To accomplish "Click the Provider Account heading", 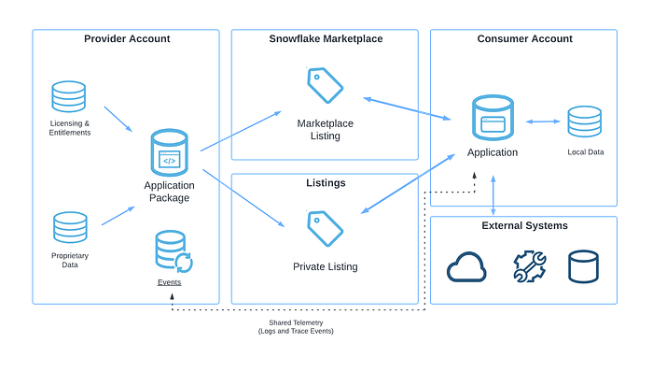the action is pos(127,39).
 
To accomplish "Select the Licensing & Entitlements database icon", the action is pos(69,96).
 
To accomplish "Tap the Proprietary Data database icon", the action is pos(70,227).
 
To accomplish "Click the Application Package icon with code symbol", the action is pos(169,152).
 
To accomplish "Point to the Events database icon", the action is pos(174,251).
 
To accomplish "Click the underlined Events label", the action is pos(169,282).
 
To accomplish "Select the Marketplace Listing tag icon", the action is pos(326,85).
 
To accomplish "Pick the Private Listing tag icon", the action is pos(326,229).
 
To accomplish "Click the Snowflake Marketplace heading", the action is pos(326,39).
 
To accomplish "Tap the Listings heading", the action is pos(326,183).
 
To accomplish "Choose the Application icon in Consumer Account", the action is pos(493,118).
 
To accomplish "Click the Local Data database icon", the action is pos(585,122).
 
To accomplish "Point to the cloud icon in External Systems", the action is pos(466,267).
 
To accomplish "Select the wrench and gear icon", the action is pos(530,266).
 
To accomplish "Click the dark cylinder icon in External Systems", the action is pos(583,266).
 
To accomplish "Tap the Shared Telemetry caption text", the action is pos(296,327).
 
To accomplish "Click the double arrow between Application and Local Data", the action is pos(543,122).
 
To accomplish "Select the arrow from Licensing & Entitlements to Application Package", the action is pos(118,119).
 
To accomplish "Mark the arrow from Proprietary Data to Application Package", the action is pos(118,216).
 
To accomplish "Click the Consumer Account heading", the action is pos(524,39).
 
